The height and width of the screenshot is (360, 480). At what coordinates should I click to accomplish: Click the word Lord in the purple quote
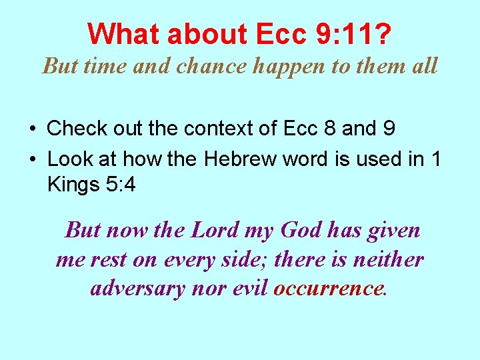(x=215, y=230)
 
